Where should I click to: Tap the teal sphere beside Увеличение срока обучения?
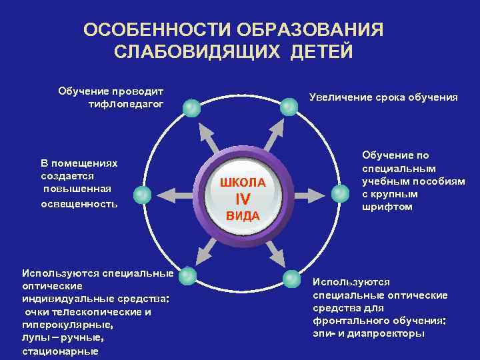coord(289,107)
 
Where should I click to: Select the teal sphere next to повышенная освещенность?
coord(142,195)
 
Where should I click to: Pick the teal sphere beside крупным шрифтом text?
coord(340,193)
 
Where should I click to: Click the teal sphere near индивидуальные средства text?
coord(189,275)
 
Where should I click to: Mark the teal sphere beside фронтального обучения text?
coord(291,278)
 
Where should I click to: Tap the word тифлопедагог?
coord(125,104)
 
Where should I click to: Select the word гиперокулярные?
coord(67,326)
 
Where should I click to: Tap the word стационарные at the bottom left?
coord(60,351)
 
